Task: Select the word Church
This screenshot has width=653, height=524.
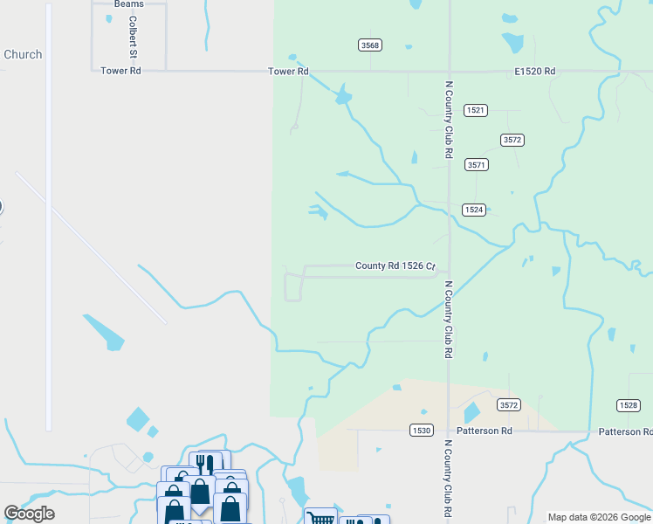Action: [x=23, y=54]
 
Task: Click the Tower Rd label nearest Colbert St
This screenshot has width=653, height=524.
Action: [x=120, y=71]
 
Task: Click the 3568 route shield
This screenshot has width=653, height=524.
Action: [x=370, y=45]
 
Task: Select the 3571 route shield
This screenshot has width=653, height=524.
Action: [x=476, y=164]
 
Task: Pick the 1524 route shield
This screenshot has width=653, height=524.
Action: [x=473, y=210]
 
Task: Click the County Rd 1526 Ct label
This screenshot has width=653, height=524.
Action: [x=395, y=266]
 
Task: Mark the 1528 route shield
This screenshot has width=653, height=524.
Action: [x=628, y=404]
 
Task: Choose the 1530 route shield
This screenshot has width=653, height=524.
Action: [x=421, y=431]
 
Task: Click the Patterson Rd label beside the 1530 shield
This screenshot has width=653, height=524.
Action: [x=482, y=431]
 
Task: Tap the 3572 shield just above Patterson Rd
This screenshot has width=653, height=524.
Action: [x=509, y=404]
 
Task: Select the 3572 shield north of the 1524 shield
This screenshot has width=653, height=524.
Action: [x=512, y=140]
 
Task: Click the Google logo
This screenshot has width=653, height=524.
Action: [x=30, y=514]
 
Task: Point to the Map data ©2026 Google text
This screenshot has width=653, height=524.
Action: [x=599, y=517]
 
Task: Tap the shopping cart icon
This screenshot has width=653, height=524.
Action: [x=321, y=519]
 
